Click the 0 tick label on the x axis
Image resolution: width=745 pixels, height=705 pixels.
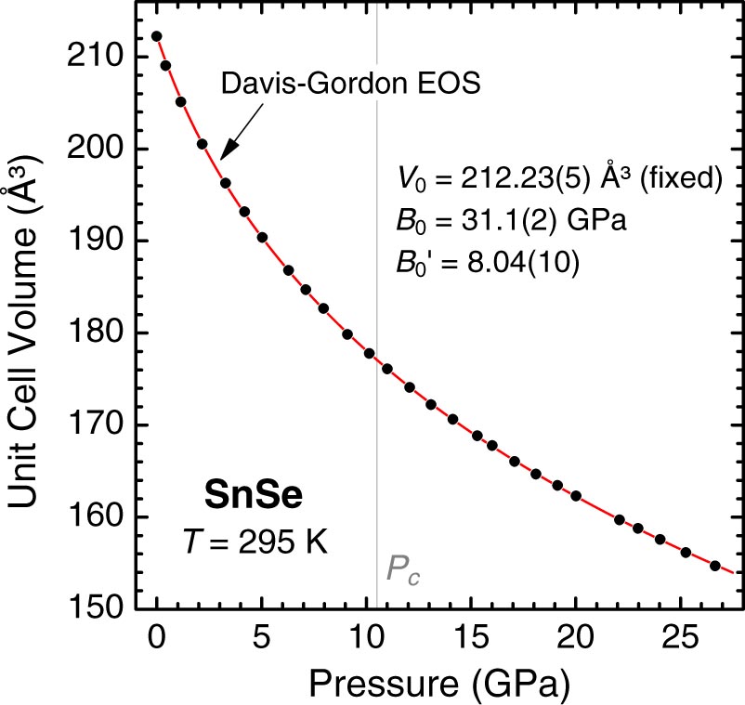[156, 640]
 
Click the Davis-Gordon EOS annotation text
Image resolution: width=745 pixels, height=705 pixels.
[349, 86]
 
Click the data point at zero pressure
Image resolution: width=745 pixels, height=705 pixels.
[156, 36]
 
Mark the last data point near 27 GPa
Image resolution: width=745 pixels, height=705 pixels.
[715, 566]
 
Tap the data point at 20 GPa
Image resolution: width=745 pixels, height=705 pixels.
[576, 496]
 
